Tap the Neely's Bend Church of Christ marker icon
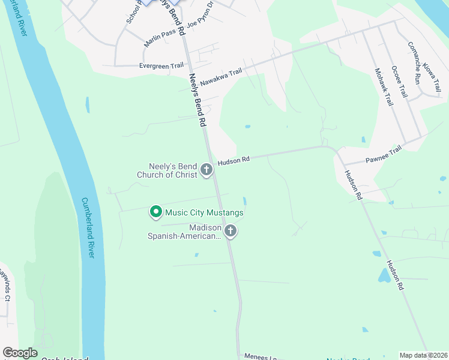206,170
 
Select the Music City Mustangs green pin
156,212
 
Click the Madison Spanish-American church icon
230,231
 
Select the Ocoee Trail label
399,82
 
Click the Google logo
20,353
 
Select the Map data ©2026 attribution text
423,355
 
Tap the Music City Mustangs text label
203,212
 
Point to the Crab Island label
64,358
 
